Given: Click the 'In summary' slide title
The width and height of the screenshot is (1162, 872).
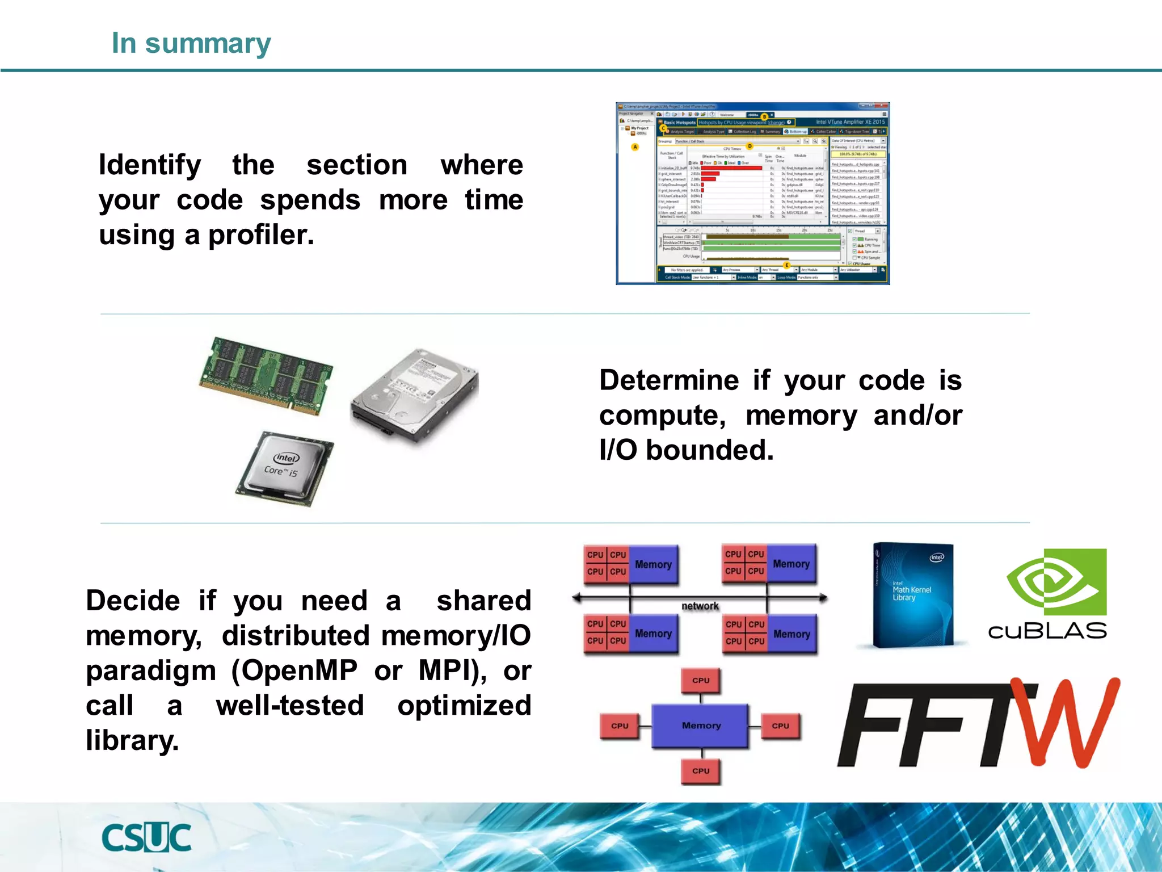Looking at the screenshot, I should pyautogui.click(x=191, y=43).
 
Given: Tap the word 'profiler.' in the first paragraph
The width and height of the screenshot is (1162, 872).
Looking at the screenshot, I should pyautogui.click(x=261, y=236).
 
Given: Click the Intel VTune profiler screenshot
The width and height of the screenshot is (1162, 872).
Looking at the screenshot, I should pyautogui.click(x=752, y=193).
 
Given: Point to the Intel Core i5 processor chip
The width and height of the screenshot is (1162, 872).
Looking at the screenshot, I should pyautogui.click(x=285, y=468).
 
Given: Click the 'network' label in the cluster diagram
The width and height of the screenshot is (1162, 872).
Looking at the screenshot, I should pyautogui.click(x=700, y=606).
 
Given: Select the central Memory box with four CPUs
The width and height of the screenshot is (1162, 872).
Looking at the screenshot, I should pyautogui.click(x=701, y=726).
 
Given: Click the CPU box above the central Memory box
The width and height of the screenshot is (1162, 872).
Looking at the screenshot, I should pyautogui.click(x=701, y=680).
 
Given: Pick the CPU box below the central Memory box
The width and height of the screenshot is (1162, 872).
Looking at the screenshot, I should pyautogui.click(x=701, y=770).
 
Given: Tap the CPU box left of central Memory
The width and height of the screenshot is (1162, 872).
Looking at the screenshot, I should pyautogui.click(x=620, y=726).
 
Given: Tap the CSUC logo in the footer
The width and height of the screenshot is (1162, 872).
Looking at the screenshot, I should pyautogui.click(x=146, y=838).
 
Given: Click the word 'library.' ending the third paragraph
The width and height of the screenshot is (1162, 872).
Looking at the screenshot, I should pyautogui.click(x=132, y=741).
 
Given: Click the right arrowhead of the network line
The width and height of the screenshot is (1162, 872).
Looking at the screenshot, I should pyautogui.click(x=823, y=597).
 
